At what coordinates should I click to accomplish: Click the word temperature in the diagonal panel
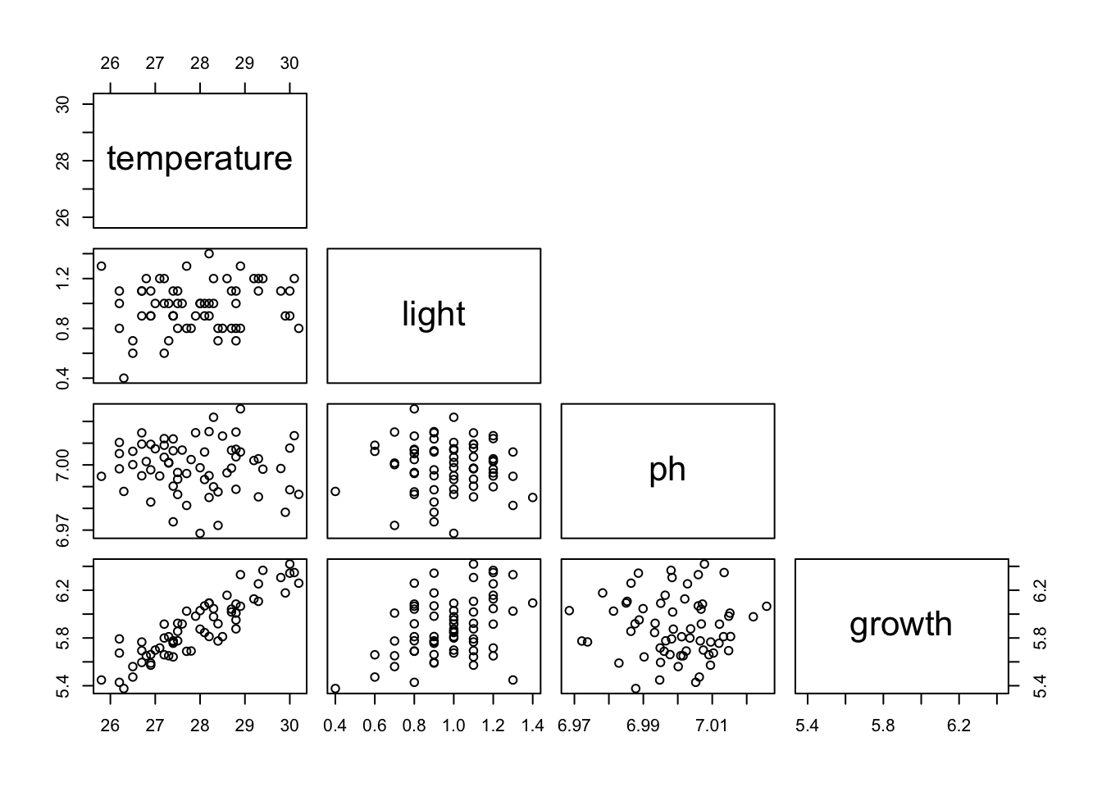point(199,159)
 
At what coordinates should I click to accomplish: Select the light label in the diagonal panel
point(434,314)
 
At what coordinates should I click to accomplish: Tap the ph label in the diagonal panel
point(667,470)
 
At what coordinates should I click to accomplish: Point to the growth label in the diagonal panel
point(900,625)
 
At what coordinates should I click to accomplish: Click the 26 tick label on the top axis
point(110,63)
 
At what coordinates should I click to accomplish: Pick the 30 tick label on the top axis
point(289,63)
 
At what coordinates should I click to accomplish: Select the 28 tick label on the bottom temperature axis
point(199,726)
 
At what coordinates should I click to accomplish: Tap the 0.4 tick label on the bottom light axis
point(335,726)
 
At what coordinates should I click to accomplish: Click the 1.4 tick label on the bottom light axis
point(532,726)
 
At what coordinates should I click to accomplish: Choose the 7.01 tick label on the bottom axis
point(711,726)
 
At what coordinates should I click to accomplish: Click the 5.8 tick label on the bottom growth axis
point(883,726)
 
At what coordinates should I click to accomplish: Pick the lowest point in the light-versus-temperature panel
point(124,378)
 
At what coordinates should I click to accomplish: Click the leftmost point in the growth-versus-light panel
point(335,689)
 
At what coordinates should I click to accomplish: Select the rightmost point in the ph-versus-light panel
point(532,498)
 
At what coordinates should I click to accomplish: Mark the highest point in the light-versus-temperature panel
point(209,254)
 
